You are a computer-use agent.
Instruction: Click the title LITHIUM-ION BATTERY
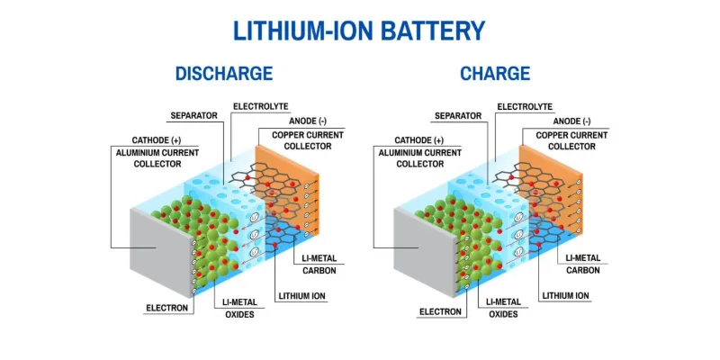[359, 30]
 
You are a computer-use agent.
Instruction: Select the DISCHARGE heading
[223, 74]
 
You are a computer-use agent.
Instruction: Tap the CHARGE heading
[495, 74]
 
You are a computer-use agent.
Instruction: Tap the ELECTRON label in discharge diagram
[167, 308]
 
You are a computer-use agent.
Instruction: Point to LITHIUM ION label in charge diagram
[566, 295]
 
